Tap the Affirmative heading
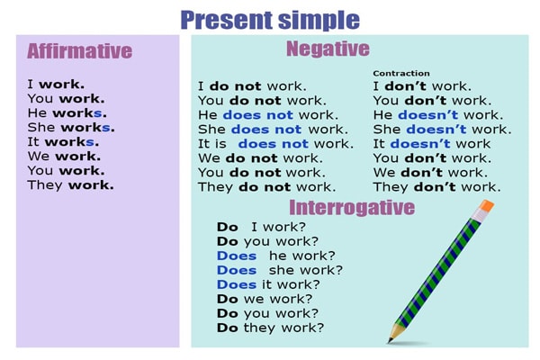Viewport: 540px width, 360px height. [x=79, y=50]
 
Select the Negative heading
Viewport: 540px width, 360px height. [x=327, y=49]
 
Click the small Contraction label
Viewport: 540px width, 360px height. [x=400, y=73]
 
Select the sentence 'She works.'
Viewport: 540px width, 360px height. [x=67, y=128]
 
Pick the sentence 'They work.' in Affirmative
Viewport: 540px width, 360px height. [x=71, y=185]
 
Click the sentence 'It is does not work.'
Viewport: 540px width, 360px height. [x=275, y=144]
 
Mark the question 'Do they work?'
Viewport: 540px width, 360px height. [x=270, y=328]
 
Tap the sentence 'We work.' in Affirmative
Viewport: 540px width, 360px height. [x=66, y=157]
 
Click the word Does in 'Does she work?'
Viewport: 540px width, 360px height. [x=237, y=270]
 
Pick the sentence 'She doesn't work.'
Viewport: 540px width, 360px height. [x=441, y=130]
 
